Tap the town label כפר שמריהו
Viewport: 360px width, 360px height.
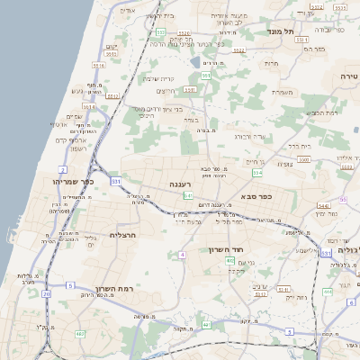pos(71,182)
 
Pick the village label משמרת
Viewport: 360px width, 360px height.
pos(283,91)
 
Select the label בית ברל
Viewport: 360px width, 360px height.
pos(299,145)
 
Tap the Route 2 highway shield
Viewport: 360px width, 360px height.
pos(63,169)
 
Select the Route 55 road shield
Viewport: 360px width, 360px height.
pos(342,199)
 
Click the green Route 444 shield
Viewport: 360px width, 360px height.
pos(328,292)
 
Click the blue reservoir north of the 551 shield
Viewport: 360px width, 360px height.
pos(196,63)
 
